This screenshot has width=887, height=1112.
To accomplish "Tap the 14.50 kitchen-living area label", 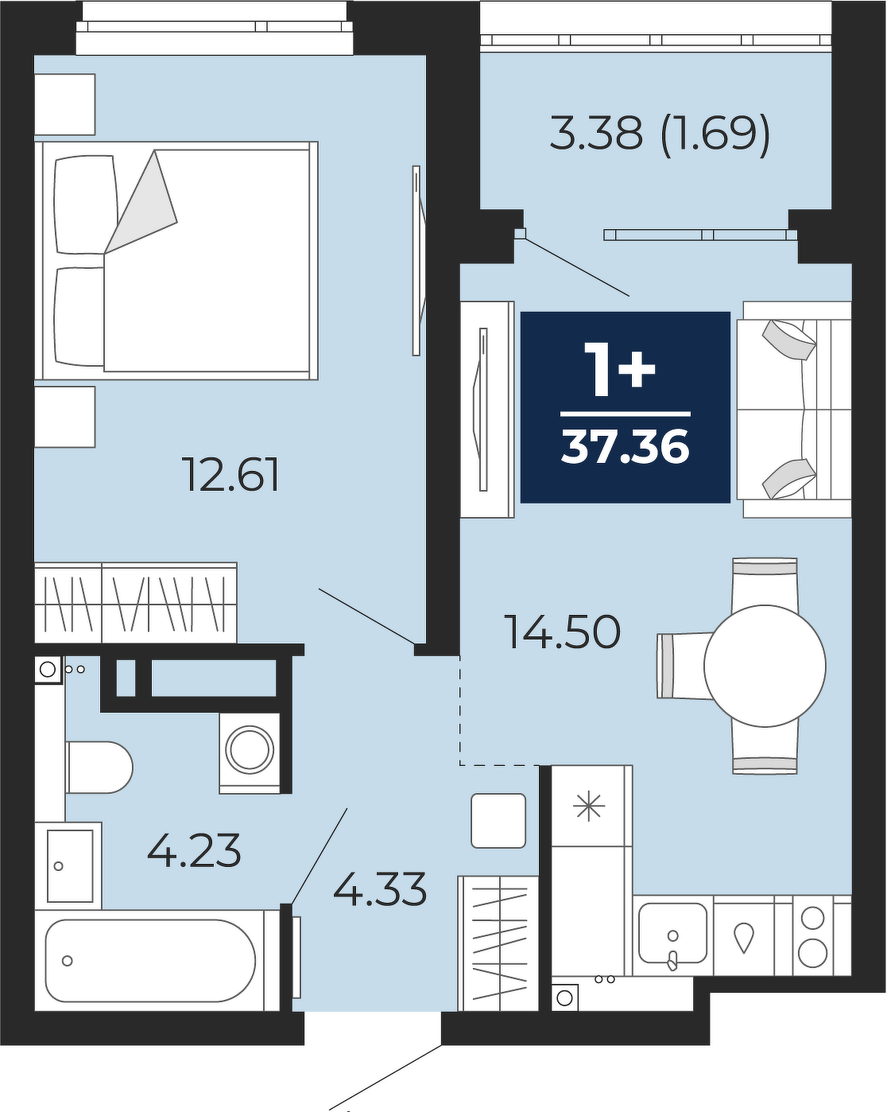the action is click(x=564, y=632).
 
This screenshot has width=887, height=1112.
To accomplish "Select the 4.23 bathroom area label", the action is click(x=194, y=850).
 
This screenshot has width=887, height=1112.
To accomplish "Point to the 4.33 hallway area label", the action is click(x=380, y=888).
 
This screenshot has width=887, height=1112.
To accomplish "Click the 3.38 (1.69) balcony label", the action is click(x=660, y=133).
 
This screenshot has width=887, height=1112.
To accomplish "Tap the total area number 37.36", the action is click(x=625, y=448).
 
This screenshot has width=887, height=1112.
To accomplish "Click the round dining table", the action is click(x=765, y=666).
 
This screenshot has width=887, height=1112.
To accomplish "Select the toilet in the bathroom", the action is click(x=99, y=768).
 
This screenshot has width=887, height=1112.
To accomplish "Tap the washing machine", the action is click(x=250, y=753).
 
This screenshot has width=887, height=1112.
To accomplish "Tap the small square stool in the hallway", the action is click(x=498, y=821).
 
